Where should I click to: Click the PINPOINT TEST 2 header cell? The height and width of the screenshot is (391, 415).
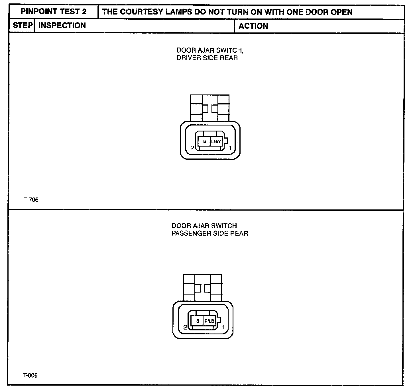[x=54, y=12]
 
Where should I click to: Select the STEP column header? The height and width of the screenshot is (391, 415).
[x=22, y=26]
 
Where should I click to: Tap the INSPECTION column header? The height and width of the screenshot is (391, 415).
[x=62, y=26]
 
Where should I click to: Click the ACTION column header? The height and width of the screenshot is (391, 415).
[x=253, y=26]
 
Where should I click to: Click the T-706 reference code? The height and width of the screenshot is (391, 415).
[x=31, y=200]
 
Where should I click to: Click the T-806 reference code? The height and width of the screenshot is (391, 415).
[x=30, y=375]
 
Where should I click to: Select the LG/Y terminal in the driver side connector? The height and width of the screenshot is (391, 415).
[x=216, y=141]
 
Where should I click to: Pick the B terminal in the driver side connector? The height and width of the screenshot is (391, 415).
[x=204, y=141]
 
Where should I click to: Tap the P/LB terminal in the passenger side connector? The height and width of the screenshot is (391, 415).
[x=209, y=321]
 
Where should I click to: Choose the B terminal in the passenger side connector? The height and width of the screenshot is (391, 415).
[x=197, y=321]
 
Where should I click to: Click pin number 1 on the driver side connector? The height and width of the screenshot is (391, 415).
[x=230, y=148]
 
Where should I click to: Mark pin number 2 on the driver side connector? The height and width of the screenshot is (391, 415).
[x=192, y=148]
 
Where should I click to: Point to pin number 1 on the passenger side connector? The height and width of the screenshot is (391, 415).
[x=223, y=328]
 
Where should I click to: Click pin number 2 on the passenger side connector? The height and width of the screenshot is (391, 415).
[x=185, y=328]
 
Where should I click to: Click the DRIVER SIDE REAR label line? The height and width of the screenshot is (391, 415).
[x=207, y=58]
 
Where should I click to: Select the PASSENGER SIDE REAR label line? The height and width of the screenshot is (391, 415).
[x=209, y=234]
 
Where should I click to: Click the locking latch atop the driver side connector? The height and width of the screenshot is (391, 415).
[x=210, y=108]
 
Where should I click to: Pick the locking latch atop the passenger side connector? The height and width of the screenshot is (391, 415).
[x=203, y=288]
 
